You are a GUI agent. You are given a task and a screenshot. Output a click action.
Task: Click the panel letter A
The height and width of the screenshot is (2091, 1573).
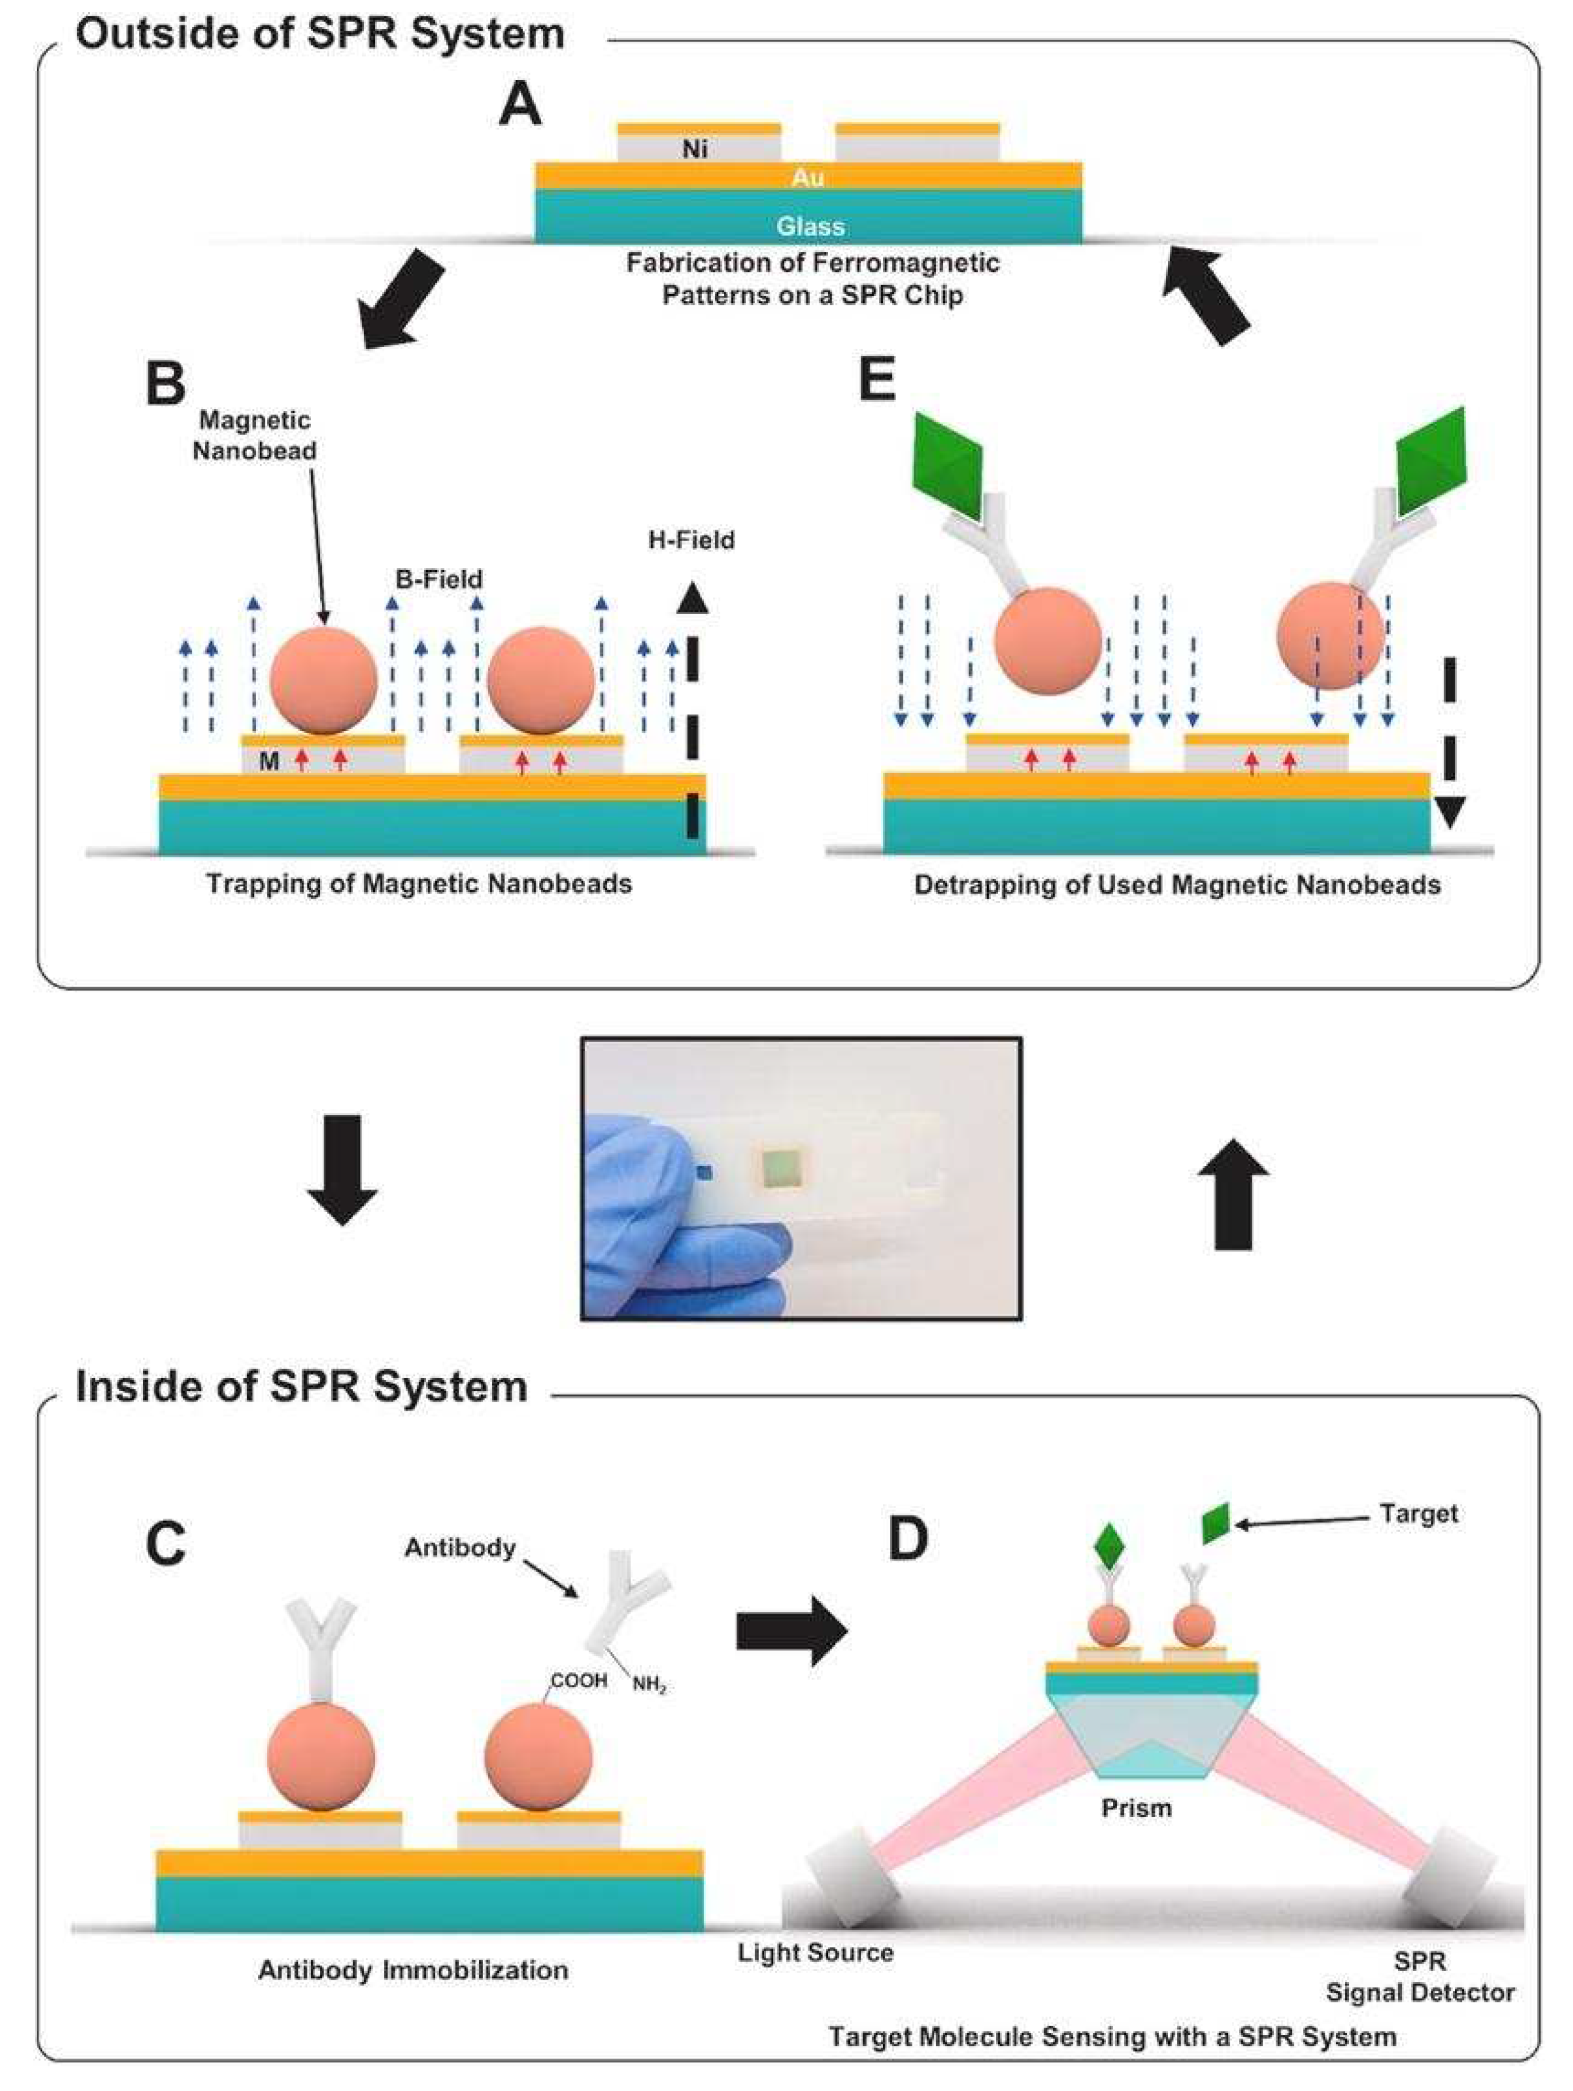[x=520, y=104]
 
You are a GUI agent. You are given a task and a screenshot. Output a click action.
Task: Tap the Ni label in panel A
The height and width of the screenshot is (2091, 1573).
[x=695, y=148]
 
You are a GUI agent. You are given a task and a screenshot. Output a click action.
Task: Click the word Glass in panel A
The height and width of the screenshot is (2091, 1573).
[x=810, y=226]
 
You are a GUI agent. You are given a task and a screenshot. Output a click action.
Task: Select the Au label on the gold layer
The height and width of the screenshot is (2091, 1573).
[x=808, y=177]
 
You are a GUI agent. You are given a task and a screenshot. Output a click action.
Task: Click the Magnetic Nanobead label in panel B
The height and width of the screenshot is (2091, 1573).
[x=254, y=435]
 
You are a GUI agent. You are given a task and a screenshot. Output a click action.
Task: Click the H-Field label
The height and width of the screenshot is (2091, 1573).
[x=691, y=540]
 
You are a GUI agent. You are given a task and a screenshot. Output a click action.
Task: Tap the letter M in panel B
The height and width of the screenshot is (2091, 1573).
[x=268, y=761]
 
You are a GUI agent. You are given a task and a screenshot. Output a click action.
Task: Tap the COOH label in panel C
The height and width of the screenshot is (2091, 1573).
[x=579, y=1681]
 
